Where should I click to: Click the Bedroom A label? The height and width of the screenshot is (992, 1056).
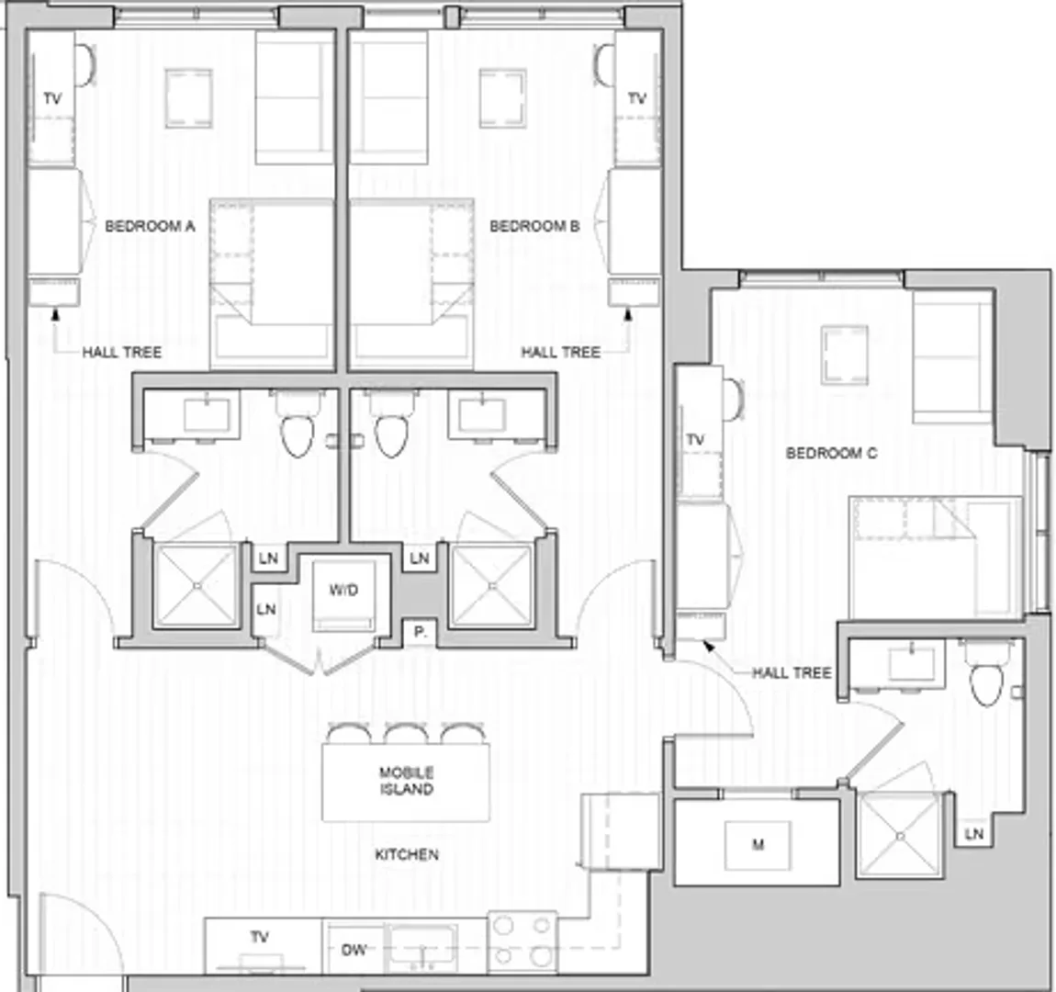[150, 226]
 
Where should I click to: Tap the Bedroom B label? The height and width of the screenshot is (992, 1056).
[534, 226]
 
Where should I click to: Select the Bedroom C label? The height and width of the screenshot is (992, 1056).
[831, 453]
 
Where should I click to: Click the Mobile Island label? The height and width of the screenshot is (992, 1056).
[406, 782]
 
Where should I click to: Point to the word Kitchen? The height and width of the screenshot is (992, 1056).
[407, 854]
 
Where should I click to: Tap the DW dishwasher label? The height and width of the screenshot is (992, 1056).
[354, 951]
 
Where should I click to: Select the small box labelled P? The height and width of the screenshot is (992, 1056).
[420, 633]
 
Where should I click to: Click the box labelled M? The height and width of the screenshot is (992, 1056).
[758, 845]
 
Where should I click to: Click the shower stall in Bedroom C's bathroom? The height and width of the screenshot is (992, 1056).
[901, 836]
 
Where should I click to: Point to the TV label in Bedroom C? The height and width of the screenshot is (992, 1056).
[695, 441]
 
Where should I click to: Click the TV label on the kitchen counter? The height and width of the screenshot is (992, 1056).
[259, 937]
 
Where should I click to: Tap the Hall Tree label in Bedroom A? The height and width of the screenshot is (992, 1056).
[122, 352]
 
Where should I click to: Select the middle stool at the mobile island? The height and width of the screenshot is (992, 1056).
[406, 733]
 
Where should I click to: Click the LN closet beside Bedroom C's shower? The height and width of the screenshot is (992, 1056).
[974, 834]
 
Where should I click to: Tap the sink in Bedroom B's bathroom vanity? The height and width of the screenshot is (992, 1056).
[481, 415]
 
